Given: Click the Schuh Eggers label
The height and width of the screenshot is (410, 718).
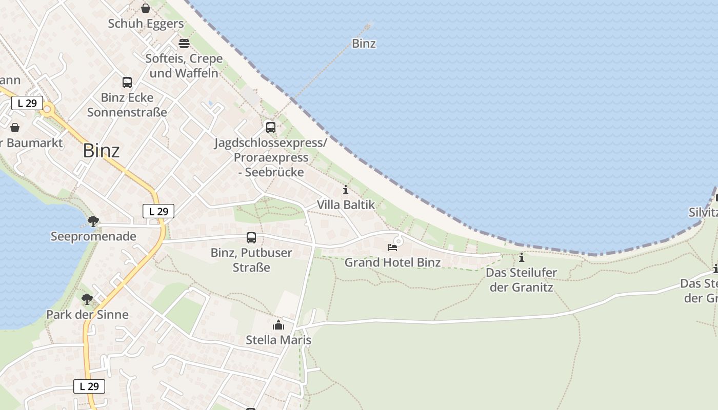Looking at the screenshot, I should pyautogui.click(x=146, y=24).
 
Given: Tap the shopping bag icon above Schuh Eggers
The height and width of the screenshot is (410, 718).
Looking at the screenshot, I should pyautogui.click(x=146, y=8).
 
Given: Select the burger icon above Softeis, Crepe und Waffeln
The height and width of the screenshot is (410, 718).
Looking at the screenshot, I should pyautogui.click(x=184, y=43).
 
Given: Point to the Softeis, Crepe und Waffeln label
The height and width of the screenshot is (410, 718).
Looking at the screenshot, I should pyautogui.click(x=184, y=66).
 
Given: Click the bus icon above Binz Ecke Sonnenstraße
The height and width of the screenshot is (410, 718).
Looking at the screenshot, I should pyautogui.click(x=127, y=82).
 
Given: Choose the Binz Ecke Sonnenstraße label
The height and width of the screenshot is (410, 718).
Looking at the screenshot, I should pyautogui.click(x=127, y=105).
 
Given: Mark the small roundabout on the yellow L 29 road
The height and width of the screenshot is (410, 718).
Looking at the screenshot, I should pyautogui.click(x=48, y=109).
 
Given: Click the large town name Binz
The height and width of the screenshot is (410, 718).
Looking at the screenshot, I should pyautogui.click(x=101, y=151).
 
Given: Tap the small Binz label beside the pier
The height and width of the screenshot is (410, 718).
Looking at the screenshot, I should pyautogui.click(x=364, y=44).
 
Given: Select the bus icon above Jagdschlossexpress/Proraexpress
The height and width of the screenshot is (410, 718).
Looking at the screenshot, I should pyautogui.click(x=270, y=127).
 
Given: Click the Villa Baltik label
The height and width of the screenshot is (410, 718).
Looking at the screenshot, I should pyautogui.click(x=346, y=204).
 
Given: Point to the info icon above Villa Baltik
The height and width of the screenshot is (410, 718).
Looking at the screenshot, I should pyautogui.click(x=346, y=190).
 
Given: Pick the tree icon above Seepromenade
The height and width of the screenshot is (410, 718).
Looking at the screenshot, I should pyautogui.click(x=93, y=221).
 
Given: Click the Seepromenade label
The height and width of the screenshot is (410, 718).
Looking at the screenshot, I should pyautogui.click(x=93, y=236).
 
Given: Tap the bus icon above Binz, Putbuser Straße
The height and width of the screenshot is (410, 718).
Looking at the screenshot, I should pyautogui.click(x=251, y=237).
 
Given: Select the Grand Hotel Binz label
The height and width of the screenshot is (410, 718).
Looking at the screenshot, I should pyautogui.click(x=392, y=262).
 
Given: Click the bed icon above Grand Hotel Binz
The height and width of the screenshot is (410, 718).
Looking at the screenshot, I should pyautogui.click(x=392, y=248).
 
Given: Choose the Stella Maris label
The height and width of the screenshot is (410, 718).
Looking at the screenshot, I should pyautogui.click(x=278, y=340).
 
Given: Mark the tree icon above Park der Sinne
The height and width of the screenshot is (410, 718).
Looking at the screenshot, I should pyautogui.click(x=87, y=299).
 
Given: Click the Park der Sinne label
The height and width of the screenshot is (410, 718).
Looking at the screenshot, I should pyautogui.click(x=87, y=314).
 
